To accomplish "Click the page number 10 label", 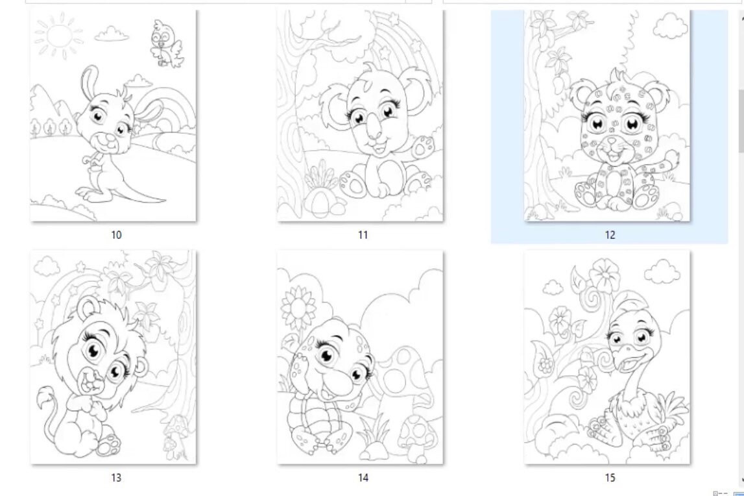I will pos(116,235).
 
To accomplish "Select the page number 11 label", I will pos(363,235).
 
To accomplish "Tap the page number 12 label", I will pos(610,235).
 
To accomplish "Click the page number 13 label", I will pos(116,478).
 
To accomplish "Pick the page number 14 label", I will pos(363,478).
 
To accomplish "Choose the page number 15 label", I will pos(610,478).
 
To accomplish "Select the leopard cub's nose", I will pos(610,145).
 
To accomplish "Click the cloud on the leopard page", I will pos(670,27).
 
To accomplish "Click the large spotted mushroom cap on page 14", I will pos(399,367).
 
